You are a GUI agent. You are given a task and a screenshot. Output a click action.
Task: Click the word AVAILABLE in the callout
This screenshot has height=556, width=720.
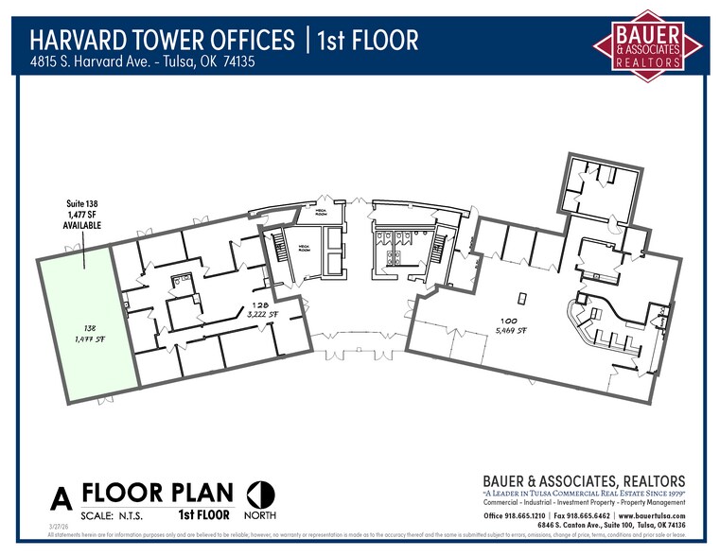coord(80,226)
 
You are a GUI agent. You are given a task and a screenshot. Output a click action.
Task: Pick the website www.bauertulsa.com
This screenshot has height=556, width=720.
coord(651,515)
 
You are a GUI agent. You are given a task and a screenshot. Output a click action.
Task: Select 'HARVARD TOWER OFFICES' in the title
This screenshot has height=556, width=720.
coord(162,41)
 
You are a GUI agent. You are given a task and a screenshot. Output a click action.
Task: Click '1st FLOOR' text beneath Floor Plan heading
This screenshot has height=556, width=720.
coord(203,515)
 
